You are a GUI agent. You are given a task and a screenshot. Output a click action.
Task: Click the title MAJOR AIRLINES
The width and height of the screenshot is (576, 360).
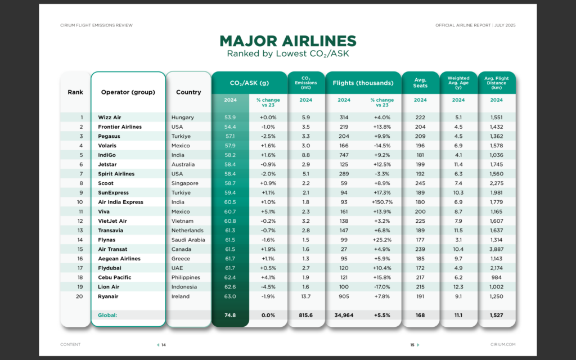287,40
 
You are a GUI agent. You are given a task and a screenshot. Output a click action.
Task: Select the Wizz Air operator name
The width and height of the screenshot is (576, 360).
110,118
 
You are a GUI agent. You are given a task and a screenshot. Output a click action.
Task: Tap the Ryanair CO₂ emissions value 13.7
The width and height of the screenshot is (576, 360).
305,296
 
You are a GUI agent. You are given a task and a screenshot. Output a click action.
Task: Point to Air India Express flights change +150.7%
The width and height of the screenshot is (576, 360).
382,202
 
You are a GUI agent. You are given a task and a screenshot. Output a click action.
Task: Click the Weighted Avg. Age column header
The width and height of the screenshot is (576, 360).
458,83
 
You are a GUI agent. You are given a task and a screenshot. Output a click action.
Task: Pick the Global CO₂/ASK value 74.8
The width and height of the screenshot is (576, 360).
230,315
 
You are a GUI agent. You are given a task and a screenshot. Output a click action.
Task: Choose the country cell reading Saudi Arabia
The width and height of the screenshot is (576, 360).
188,240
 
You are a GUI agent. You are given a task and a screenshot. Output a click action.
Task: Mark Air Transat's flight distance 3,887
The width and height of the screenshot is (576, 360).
496,249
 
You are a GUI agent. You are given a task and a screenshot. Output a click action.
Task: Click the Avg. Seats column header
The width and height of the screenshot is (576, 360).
420,83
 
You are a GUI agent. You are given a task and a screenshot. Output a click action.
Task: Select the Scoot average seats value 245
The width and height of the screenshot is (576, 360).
420,183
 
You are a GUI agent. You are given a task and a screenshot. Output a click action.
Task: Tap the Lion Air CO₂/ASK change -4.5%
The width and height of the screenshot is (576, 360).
268,287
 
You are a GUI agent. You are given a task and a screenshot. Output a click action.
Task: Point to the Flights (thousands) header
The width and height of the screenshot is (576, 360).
363,83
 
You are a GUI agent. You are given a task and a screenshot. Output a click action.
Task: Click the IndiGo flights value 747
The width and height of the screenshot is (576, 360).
344,155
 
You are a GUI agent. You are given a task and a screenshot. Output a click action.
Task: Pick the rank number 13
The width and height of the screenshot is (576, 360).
80,230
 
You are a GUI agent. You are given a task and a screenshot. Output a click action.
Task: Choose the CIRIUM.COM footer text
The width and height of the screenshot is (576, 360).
503,345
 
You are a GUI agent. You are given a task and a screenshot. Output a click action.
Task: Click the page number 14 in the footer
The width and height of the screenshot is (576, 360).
164,345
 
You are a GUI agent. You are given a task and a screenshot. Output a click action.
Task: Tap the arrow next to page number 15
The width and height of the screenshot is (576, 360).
418,345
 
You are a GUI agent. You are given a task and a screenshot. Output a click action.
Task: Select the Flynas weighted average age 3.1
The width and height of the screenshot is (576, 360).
458,240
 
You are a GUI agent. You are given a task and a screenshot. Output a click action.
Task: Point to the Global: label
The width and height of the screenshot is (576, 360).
107,315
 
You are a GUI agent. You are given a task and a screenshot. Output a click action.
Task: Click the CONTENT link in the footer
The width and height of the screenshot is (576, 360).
70,345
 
